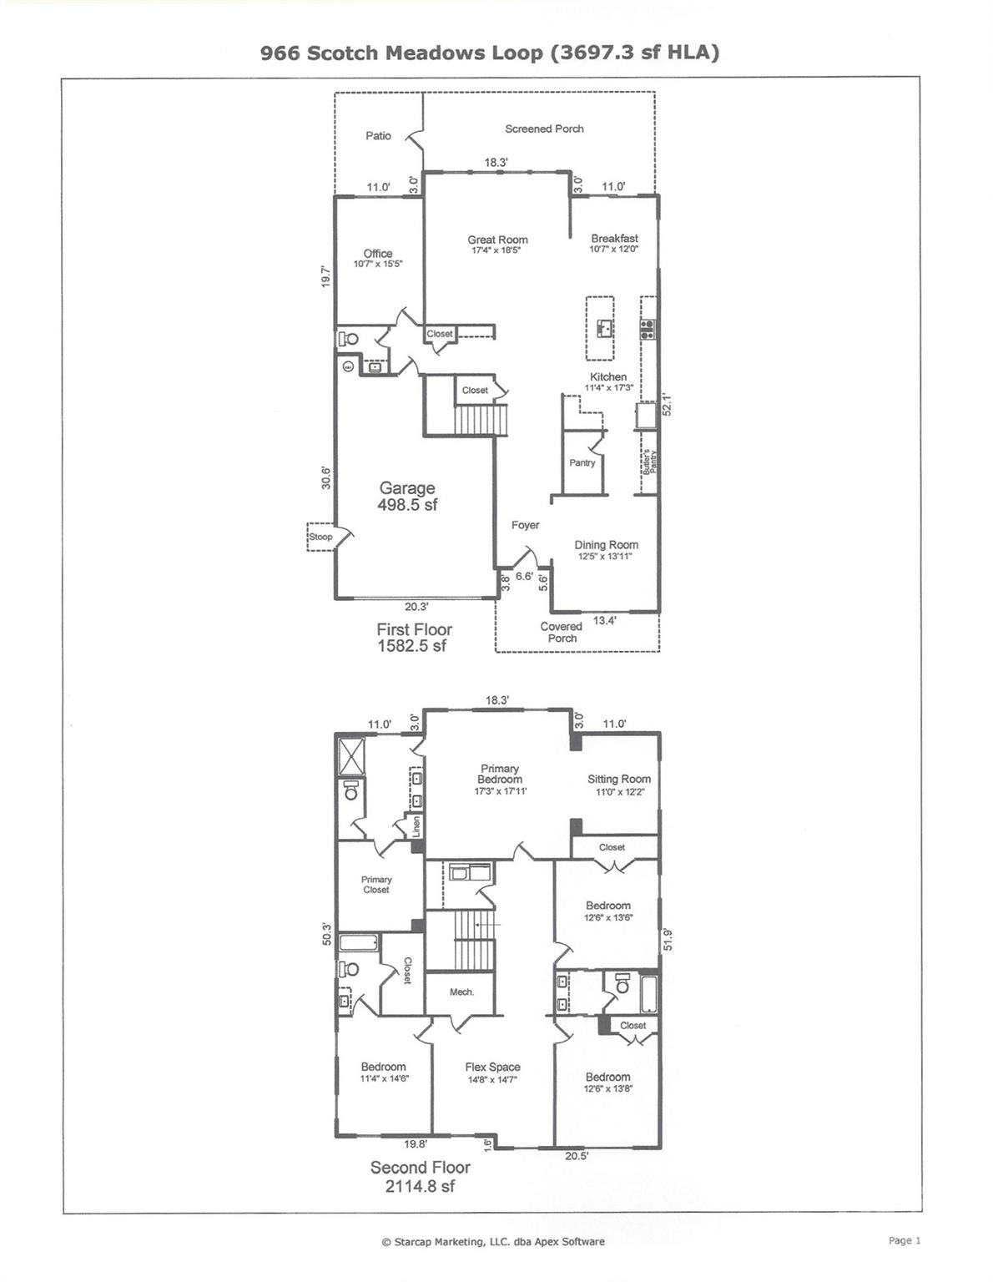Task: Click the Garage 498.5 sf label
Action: [x=407, y=496]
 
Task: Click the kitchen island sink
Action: [x=604, y=326]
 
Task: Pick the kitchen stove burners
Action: [x=647, y=329]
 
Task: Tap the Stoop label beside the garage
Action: [x=320, y=537]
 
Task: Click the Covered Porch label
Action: [x=561, y=632]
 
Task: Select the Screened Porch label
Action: [x=544, y=129]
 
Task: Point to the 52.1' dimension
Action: [x=666, y=405]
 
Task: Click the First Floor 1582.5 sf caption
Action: [x=414, y=638]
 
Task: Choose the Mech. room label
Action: [x=461, y=992]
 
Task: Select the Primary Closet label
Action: [x=376, y=885]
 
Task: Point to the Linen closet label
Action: [x=416, y=826]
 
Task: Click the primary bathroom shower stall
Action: [x=351, y=756]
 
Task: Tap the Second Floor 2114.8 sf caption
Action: [x=420, y=1176]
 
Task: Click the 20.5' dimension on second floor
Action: [x=577, y=1156]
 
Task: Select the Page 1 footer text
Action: [x=905, y=1240]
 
